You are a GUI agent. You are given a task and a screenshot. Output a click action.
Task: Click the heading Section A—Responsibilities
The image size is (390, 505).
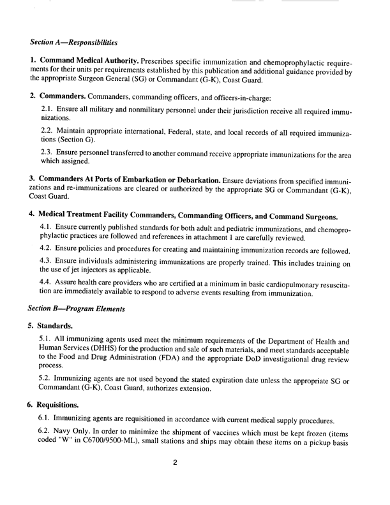73,43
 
